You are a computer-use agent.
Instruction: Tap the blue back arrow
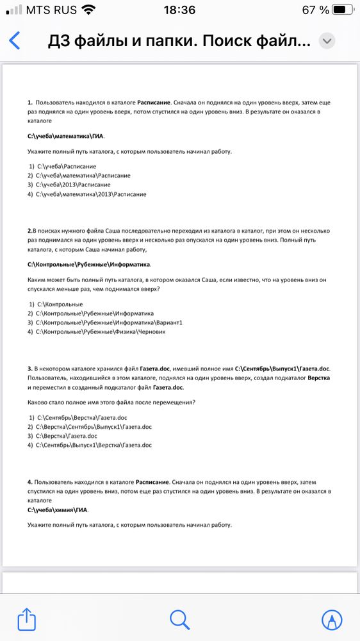pos(15,40)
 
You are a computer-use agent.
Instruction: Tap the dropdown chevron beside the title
pos(327,41)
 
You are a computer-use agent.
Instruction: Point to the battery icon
pos(343,10)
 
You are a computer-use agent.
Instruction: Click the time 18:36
pos(179,10)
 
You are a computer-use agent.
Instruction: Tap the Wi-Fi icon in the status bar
pos(88,10)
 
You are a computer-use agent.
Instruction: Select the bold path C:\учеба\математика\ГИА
pos(65,136)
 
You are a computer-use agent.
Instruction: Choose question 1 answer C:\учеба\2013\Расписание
pos(74,185)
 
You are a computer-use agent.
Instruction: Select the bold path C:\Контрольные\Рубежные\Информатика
pos(89,264)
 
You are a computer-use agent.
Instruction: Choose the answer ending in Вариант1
pos(110,322)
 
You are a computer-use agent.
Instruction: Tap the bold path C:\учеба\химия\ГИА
pos(58,510)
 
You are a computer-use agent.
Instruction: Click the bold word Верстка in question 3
pos(319,378)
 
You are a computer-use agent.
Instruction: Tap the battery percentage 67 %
pos(316,10)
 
